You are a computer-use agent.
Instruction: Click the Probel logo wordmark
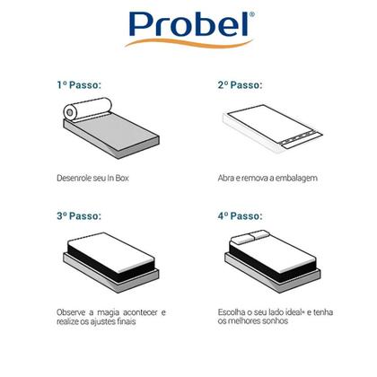(x=189, y=24)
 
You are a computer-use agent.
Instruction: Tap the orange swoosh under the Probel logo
(x=188, y=43)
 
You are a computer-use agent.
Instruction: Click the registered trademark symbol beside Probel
(x=252, y=14)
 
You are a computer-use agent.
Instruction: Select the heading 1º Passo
(x=79, y=85)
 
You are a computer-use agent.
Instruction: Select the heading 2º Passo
(x=240, y=85)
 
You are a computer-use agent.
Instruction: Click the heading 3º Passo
(x=79, y=215)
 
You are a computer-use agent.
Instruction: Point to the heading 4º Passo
(x=240, y=215)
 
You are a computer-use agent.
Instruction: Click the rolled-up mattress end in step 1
(x=70, y=112)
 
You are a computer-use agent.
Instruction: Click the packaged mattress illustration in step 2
(x=272, y=128)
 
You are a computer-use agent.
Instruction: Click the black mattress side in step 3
(x=110, y=262)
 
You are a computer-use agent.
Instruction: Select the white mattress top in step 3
(x=110, y=251)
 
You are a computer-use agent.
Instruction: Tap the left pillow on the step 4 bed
(x=242, y=239)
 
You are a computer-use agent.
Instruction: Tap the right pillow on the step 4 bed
(x=259, y=234)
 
